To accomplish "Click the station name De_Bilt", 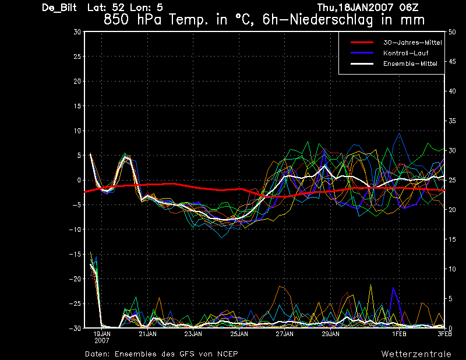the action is pos(59,8).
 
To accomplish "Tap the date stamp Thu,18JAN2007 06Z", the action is pos(368,8).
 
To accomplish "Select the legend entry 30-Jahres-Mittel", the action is pos(412,43).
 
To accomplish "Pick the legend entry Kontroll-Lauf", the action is pos(405,53).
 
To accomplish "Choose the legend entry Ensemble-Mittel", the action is pos(410,63).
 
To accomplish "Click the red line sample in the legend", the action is pos(362,43).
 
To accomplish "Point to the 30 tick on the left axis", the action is pos(77,32).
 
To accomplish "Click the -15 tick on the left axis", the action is pos(75,254).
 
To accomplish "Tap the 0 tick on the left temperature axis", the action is pos(79,180).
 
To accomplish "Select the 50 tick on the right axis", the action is pos(452,32).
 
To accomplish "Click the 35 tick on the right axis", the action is pos(452,121).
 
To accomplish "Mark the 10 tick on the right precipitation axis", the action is pos(452,269).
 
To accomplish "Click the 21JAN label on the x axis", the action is pos(148,334).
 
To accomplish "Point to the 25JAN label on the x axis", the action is pos(239,334).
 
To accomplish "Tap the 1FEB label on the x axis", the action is pos(399,334).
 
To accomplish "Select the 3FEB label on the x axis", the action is pos(444,334).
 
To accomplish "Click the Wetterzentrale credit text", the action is pos(416,354).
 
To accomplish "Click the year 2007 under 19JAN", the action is pos(102,341).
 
